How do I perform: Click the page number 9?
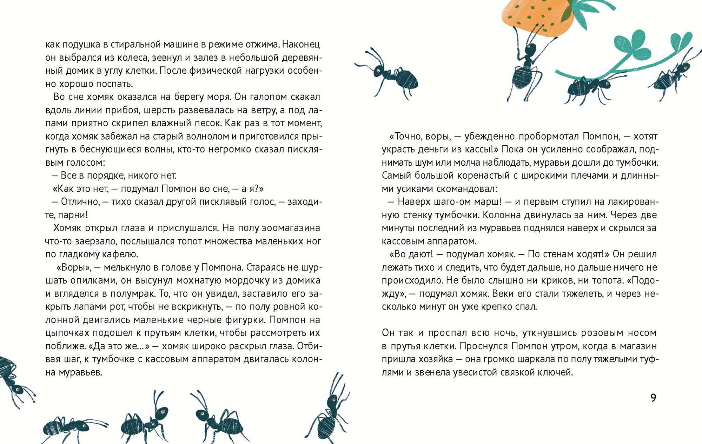pos(653,398)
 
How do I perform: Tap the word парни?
pos(74,215)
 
